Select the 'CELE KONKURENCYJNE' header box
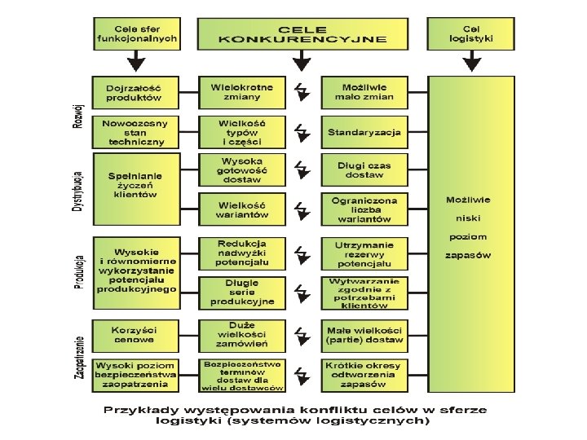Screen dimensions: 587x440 coord(302,33)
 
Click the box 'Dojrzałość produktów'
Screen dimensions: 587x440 coord(134,92)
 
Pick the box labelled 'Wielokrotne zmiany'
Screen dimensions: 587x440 coord(242,91)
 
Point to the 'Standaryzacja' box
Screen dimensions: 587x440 coord(364,131)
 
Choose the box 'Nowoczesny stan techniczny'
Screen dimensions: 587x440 coord(134,132)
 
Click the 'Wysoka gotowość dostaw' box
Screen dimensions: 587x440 coord(242,170)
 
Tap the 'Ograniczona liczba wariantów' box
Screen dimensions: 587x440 coord(364,209)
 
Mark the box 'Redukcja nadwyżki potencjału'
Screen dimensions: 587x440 coord(242,253)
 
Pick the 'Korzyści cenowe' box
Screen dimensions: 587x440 coord(134,333)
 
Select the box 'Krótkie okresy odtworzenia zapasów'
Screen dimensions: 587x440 coord(364,374)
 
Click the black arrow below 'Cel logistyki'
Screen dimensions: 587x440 coord(470,61)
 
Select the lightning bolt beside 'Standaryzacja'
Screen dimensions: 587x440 coord(302,131)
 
